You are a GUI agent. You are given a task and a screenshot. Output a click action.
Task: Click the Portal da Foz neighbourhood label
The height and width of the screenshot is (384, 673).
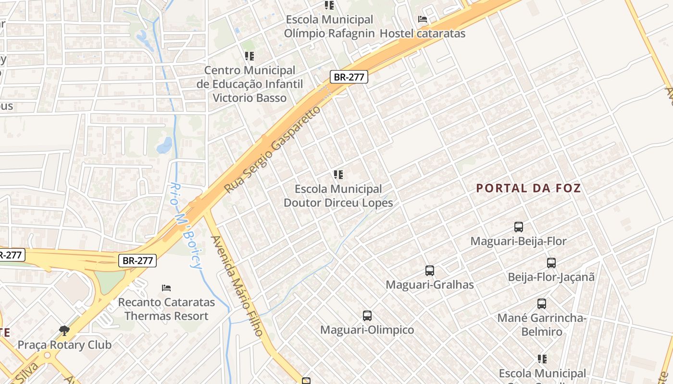pos(528,188)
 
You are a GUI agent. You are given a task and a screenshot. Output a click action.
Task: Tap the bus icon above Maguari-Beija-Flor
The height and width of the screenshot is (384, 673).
pos(518,227)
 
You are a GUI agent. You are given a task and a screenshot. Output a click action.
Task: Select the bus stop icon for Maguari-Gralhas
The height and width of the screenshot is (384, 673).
pos(430,271)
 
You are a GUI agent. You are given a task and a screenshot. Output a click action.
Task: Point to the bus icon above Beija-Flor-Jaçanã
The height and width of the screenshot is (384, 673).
pos(551,263)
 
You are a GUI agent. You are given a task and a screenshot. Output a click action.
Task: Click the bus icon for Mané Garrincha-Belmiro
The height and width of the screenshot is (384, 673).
pos(541,304)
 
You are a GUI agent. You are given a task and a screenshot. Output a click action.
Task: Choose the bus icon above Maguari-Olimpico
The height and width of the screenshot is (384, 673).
pos(367,316)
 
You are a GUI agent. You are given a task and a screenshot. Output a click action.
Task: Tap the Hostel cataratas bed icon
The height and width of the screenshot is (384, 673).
pos(423,19)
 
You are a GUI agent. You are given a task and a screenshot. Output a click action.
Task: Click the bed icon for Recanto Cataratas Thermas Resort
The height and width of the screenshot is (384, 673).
pos(166,288)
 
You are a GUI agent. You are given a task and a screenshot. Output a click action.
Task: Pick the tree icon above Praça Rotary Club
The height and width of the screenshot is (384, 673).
pos(64,331)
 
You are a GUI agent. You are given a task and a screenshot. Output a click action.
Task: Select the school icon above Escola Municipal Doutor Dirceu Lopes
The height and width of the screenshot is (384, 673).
pos(338,175)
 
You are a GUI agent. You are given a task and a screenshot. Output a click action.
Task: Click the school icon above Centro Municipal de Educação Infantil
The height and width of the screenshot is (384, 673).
pos(249,56)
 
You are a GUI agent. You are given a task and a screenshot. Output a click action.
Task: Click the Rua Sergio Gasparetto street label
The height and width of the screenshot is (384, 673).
pos(273,150)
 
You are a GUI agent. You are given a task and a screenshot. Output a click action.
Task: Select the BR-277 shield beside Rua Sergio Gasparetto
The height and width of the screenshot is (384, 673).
pos(349,77)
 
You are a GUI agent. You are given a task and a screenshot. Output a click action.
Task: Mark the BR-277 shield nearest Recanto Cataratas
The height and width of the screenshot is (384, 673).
pos(137,261)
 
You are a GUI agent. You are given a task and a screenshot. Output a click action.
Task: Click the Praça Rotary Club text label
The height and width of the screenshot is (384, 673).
pos(64,345)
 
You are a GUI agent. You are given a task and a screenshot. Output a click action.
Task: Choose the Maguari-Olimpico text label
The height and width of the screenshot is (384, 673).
pos(367,330)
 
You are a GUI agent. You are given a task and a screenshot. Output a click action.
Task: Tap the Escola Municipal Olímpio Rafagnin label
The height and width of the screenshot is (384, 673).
pos(329,26)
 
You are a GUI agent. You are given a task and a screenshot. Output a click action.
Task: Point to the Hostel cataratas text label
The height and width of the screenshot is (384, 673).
pos(423,33)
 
